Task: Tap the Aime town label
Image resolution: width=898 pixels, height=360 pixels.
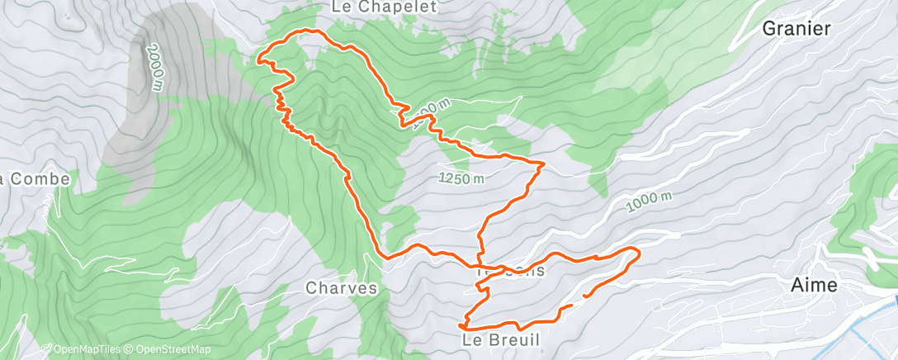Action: pos(814,286)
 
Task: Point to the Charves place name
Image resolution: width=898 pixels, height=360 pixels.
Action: pos(341,289)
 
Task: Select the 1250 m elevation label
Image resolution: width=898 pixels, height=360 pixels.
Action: pos(461,178)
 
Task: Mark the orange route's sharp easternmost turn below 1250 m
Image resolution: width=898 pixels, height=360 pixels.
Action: pos(543,164)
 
